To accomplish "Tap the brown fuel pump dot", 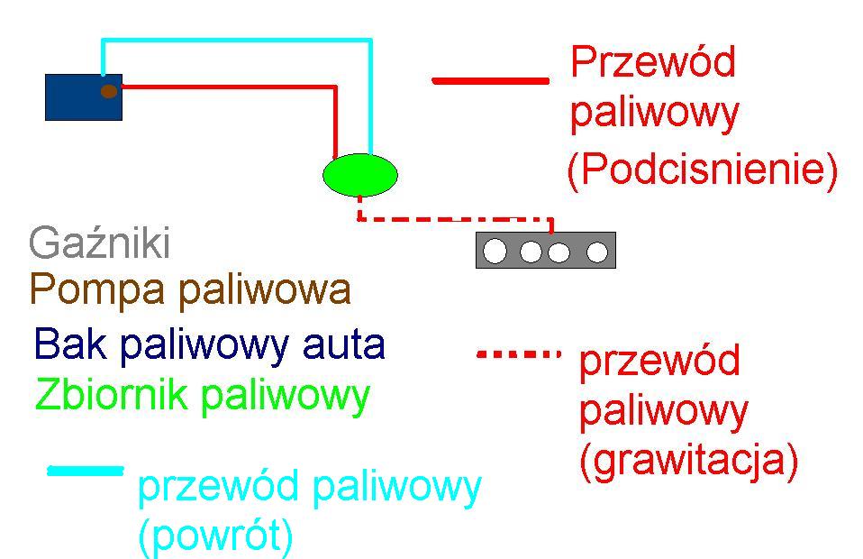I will pos(109,90).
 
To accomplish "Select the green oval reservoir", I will pos(359,175).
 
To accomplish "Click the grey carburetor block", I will pos(545,250).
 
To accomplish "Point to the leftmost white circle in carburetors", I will pos(495,252).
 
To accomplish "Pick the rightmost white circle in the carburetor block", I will pos(597,252).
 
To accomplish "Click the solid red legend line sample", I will pos(490,80).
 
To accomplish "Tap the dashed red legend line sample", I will pos(518,354).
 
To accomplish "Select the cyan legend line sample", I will pos(85,470).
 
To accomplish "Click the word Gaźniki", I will pos(99,243).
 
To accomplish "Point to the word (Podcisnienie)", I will pos(702,170).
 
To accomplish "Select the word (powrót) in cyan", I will pos(215,536).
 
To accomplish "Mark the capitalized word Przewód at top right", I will pos(653,63).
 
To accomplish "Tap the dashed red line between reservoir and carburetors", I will pos(450,218).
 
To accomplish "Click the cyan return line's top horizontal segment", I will pos(234,41).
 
